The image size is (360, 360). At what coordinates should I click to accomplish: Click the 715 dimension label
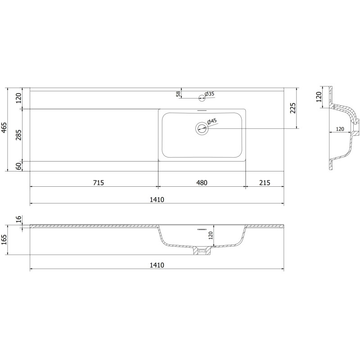(x=99, y=183)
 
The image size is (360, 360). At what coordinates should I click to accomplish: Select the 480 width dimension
(x=202, y=183)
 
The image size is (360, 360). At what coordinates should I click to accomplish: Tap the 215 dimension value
(x=265, y=183)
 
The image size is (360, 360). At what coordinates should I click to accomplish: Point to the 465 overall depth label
(x=4, y=127)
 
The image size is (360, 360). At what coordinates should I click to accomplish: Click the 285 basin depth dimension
(x=18, y=135)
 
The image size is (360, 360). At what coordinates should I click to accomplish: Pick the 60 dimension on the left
(x=18, y=166)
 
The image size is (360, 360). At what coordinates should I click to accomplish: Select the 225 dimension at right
(x=293, y=108)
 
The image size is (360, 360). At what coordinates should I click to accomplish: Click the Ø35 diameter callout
(x=209, y=94)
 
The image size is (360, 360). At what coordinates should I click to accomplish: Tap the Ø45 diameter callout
(x=212, y=122)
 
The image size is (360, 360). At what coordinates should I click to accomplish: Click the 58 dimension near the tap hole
(x=178, y=94)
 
